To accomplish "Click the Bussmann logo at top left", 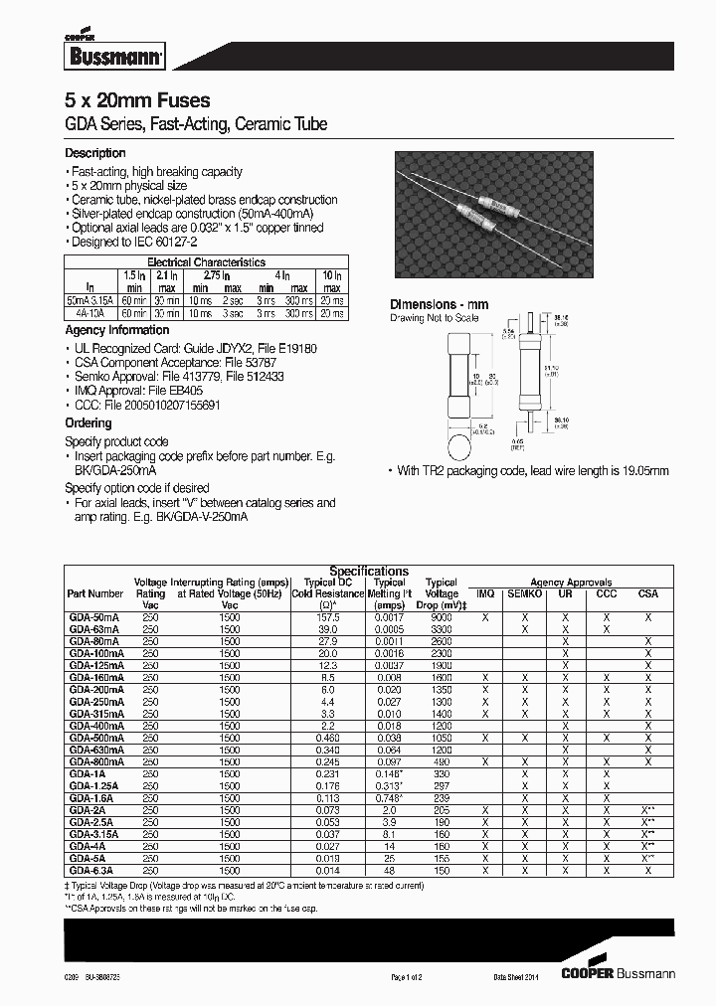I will click(x=100, y=55).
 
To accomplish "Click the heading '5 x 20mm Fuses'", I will click(x=137, y=102).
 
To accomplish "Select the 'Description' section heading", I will click(x=95, y=153).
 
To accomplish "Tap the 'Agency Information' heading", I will click(x=117, y=330).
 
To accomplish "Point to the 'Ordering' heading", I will click(x=89, y=423).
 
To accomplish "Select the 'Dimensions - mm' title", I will click(x=439, y=305).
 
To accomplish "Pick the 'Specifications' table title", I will click(x=369, y=572).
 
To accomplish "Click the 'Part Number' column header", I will click(x=95, y=593).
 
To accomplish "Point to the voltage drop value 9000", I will click(x=442, y=617).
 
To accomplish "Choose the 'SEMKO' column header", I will click(x=525, y=593).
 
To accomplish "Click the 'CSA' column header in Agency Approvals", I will click(x=648, y=593).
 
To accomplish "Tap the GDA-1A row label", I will click(x=86, y=772).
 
